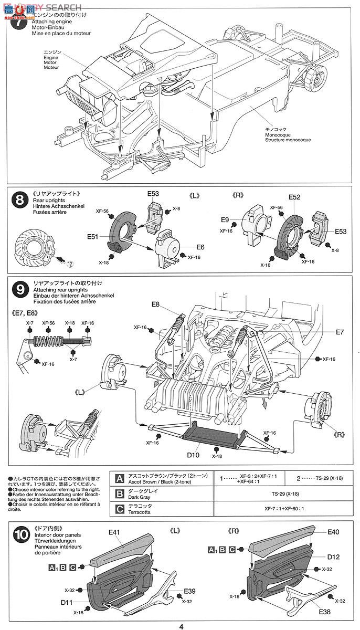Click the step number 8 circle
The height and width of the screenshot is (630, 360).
[x=19, y=200]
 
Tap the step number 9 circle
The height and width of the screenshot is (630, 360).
[x=19, y=289]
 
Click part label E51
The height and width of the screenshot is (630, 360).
[x=93, y=237]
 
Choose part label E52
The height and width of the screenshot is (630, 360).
[x=294, y=197]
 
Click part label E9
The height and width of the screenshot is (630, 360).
[x=225, y=220]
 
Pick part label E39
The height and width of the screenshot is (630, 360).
[x=190, y=592]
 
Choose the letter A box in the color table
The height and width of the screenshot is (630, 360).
[x=119, y=479]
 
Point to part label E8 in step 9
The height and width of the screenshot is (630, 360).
[x=156, y=304]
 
